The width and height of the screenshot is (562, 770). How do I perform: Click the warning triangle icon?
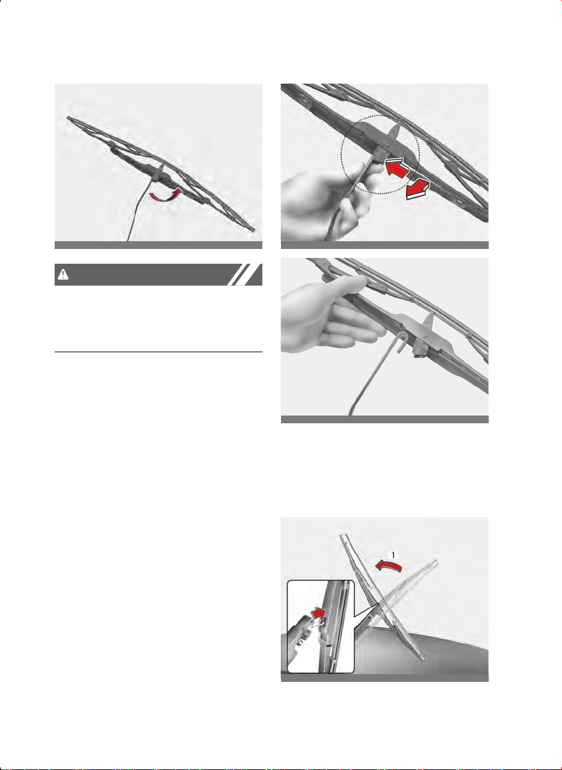63,275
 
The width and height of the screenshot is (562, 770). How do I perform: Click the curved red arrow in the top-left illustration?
165,195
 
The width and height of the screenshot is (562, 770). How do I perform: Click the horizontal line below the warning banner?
158,352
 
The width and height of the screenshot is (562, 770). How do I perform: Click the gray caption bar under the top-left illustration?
158,245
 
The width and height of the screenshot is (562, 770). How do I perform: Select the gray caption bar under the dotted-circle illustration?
385,245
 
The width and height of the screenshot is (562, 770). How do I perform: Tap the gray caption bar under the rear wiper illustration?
385,677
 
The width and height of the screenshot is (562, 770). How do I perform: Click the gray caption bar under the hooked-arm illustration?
385,419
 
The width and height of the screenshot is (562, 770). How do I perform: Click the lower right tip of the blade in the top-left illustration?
254,230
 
